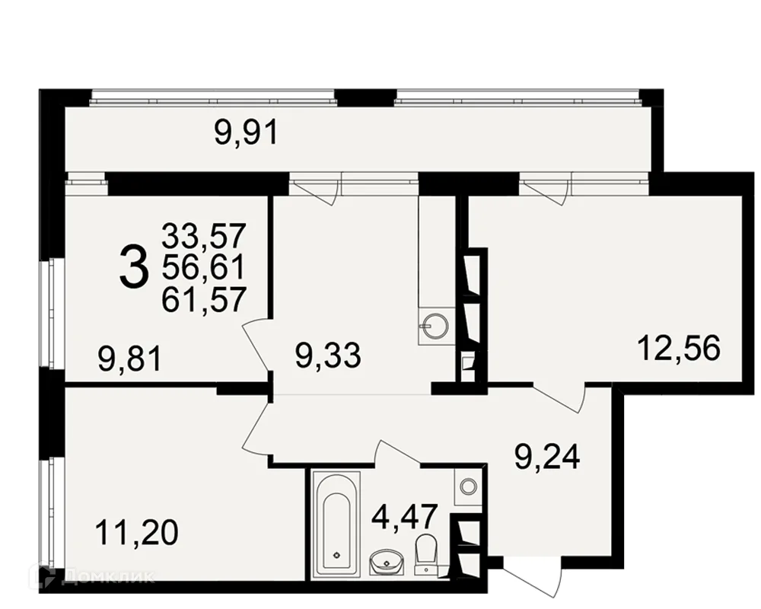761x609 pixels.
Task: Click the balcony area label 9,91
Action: click(247, 133)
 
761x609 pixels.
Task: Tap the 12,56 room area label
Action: click(679, 348)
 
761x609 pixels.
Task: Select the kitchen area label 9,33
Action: click(329, 356)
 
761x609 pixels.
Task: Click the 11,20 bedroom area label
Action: click(137, 532)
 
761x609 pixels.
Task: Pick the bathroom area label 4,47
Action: click(406, 516)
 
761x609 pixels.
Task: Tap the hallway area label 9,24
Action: click(547, 457)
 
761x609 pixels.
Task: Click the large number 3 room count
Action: click(133, 266)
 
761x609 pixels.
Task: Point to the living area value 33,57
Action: click(204, 236)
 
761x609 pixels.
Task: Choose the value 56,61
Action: click(203, 268)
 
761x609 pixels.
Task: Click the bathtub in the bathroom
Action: click(337, 524)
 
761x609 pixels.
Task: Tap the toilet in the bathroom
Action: click(427, 553)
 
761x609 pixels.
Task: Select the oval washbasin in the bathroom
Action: click(387, 562)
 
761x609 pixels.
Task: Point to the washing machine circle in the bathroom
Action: click(468, 486)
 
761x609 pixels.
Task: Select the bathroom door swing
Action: click(398, 451)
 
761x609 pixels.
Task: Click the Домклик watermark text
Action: click(109, 576)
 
